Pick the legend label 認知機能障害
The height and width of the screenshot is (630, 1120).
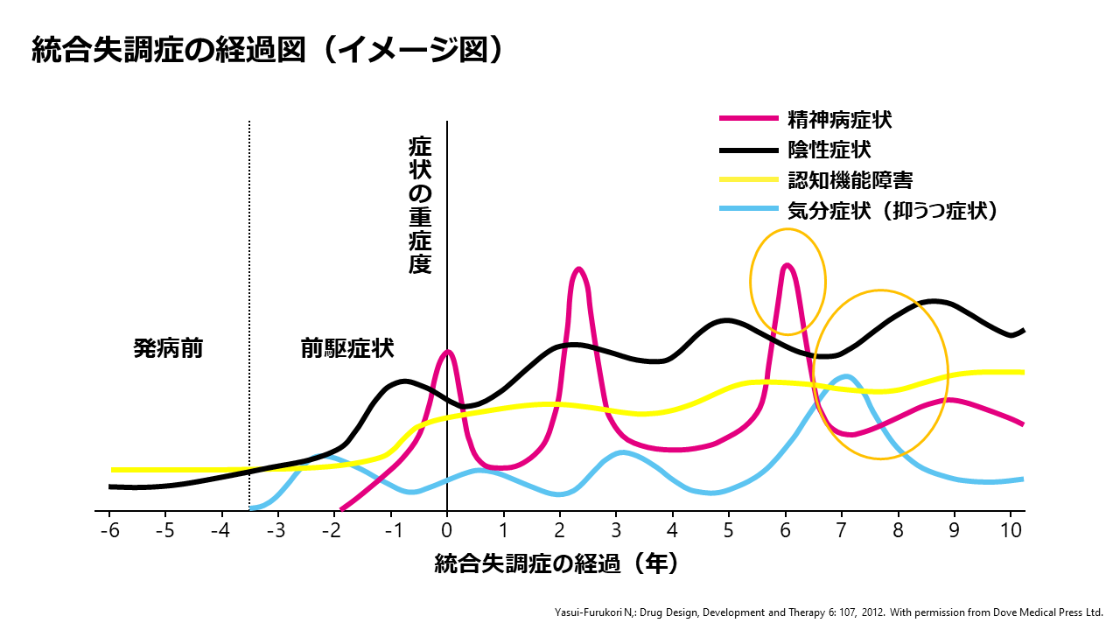tap(850, 180)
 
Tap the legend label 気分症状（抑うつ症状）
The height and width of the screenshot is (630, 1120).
tap(892, 210)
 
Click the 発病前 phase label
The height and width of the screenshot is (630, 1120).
tap(168, 349)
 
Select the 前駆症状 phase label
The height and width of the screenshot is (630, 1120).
tap(346, 349)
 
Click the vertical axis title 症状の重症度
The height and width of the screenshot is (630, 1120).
tap(420, 206)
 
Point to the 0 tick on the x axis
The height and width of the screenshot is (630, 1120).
tap(447, 530)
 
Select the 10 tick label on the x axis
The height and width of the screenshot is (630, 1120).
tap(1011, 530)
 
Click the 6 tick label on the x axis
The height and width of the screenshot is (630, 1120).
tap(785, 530)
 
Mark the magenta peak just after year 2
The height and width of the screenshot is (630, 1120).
tap(578, 269)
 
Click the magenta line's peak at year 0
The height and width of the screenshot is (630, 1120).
tap(448, 352)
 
